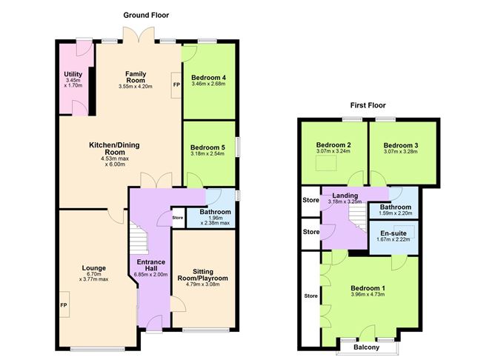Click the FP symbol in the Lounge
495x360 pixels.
tap(64, 306)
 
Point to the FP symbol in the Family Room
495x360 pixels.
tap(176, 84)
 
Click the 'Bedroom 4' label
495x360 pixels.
tap(208, 77)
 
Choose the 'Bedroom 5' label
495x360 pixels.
tap(208, 147)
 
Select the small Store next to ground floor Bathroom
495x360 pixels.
tap(178, 218)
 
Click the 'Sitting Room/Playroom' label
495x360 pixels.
tap(205, 275)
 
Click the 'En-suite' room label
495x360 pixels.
tap(393, 233)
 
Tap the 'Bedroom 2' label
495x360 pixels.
tap(333, 144)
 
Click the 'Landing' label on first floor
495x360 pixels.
tap(345, 195)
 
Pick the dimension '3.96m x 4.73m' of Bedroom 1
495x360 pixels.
tap(372, 294)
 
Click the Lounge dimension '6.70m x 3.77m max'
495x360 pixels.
tap(94, 279)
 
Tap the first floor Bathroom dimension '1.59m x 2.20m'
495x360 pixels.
tap(393, 214)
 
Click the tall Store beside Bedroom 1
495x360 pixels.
tap(309, 298)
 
